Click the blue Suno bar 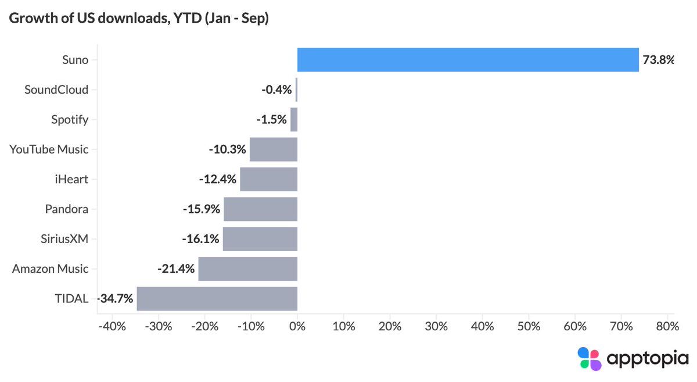(x=468, y=60)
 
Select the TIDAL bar (x=217, y=299)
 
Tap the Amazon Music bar (x=248, y=269)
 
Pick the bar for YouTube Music (x=274, y=149)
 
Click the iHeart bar (x=269, y=179)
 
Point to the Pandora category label (x=67, y=209)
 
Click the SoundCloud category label (x=56, y=90)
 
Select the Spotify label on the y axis (x=70, y=120)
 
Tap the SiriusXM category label (x=64, y=239)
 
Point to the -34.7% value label (x=115, y=299)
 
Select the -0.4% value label (x=276, y=90)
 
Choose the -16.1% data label (x=201, y=239)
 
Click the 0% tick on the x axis (x=297, y=327)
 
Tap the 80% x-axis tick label (x=667, y=327)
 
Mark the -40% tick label (x=112, y=327)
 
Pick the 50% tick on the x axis (x=529, y=327)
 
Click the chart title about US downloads (x=139, y=18)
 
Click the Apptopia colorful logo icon (x=590, y=359)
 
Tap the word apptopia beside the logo (x=648, y=359)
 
